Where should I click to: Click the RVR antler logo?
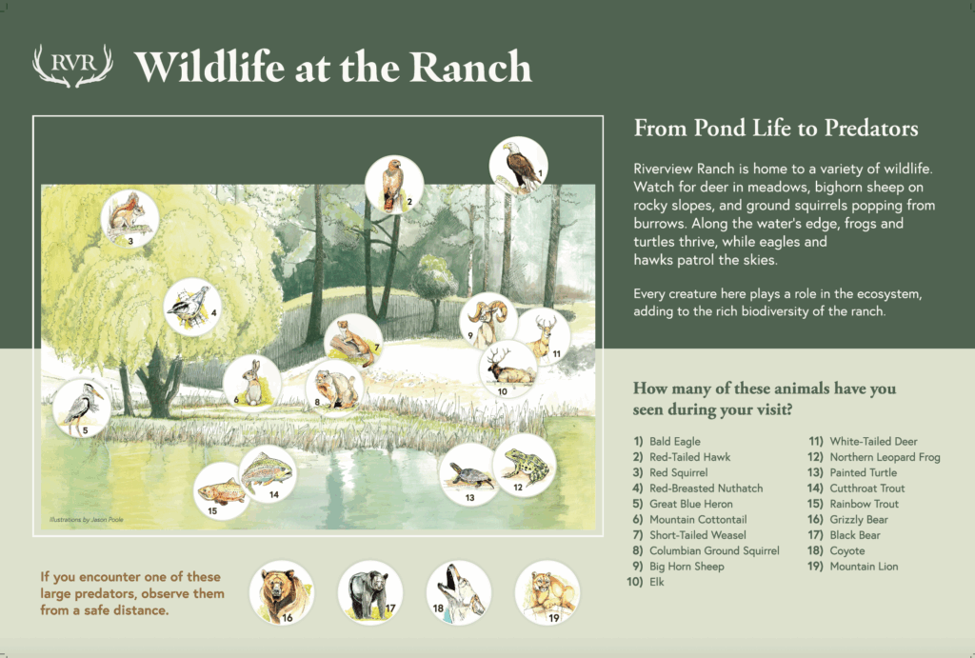coord(72,65)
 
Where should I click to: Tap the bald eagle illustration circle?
coord(519,166)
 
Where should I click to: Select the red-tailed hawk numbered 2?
coord(394,185)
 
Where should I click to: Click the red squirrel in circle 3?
coord(129,219)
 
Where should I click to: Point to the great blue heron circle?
coord(82,408)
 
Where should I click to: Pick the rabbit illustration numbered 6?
coord(251,383)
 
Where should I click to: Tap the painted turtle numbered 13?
coord(469,474)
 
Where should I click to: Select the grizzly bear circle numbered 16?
coord(282,593)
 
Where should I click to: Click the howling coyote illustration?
coord(459,593)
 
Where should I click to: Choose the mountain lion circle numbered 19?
coord(547,593)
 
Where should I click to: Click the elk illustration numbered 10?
coord(508,369)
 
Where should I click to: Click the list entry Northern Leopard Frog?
coord(885,457)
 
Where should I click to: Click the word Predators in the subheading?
coord(871,128)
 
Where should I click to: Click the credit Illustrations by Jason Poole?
coord(87,519)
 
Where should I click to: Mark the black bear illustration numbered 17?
coord(370,593)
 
